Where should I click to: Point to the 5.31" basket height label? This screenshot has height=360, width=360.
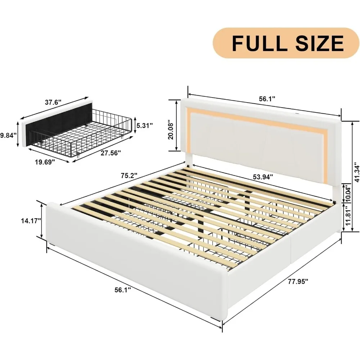pyautogui.click(x=144, y=125)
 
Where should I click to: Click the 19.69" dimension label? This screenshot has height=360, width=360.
pyautogui.click(x=45, y=162)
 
